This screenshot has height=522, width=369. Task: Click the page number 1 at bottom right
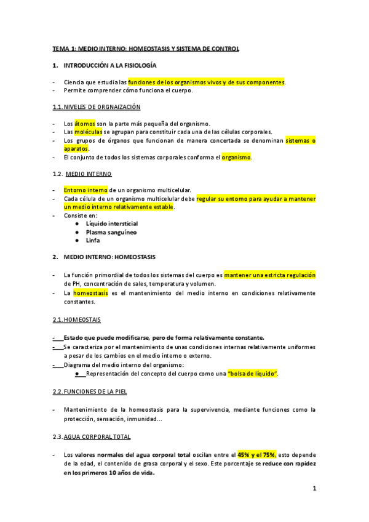(x=314, y=489)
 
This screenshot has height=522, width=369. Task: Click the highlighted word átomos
(x=85, y=124)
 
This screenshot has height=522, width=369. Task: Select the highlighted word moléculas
(x=89, y=132)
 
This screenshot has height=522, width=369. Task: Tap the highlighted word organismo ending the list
(x=237, y=158)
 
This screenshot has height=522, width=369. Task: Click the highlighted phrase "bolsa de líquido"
(x=253, y=374)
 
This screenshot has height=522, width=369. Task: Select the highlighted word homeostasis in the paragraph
(x=90, y=294)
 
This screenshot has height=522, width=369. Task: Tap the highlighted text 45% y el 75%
(x=257, y=455)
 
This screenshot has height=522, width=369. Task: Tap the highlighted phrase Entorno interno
(x=85, y=190)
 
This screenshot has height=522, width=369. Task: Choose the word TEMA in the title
(x=61, y=48)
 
